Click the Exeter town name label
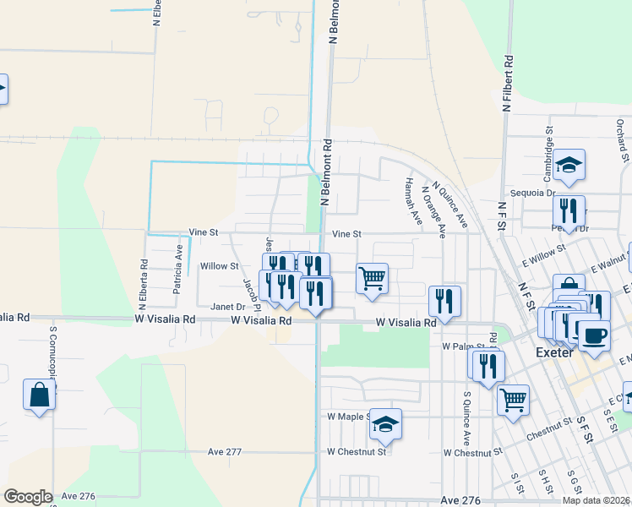point(555,352)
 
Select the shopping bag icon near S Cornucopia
point(40,395)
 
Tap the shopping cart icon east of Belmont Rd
point(372,277)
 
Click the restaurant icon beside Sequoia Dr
point(569,211)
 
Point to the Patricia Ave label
point(178,269)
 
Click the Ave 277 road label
point(225,452)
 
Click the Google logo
point(28,497)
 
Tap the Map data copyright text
point(597,500)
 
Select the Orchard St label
point(621,140)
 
